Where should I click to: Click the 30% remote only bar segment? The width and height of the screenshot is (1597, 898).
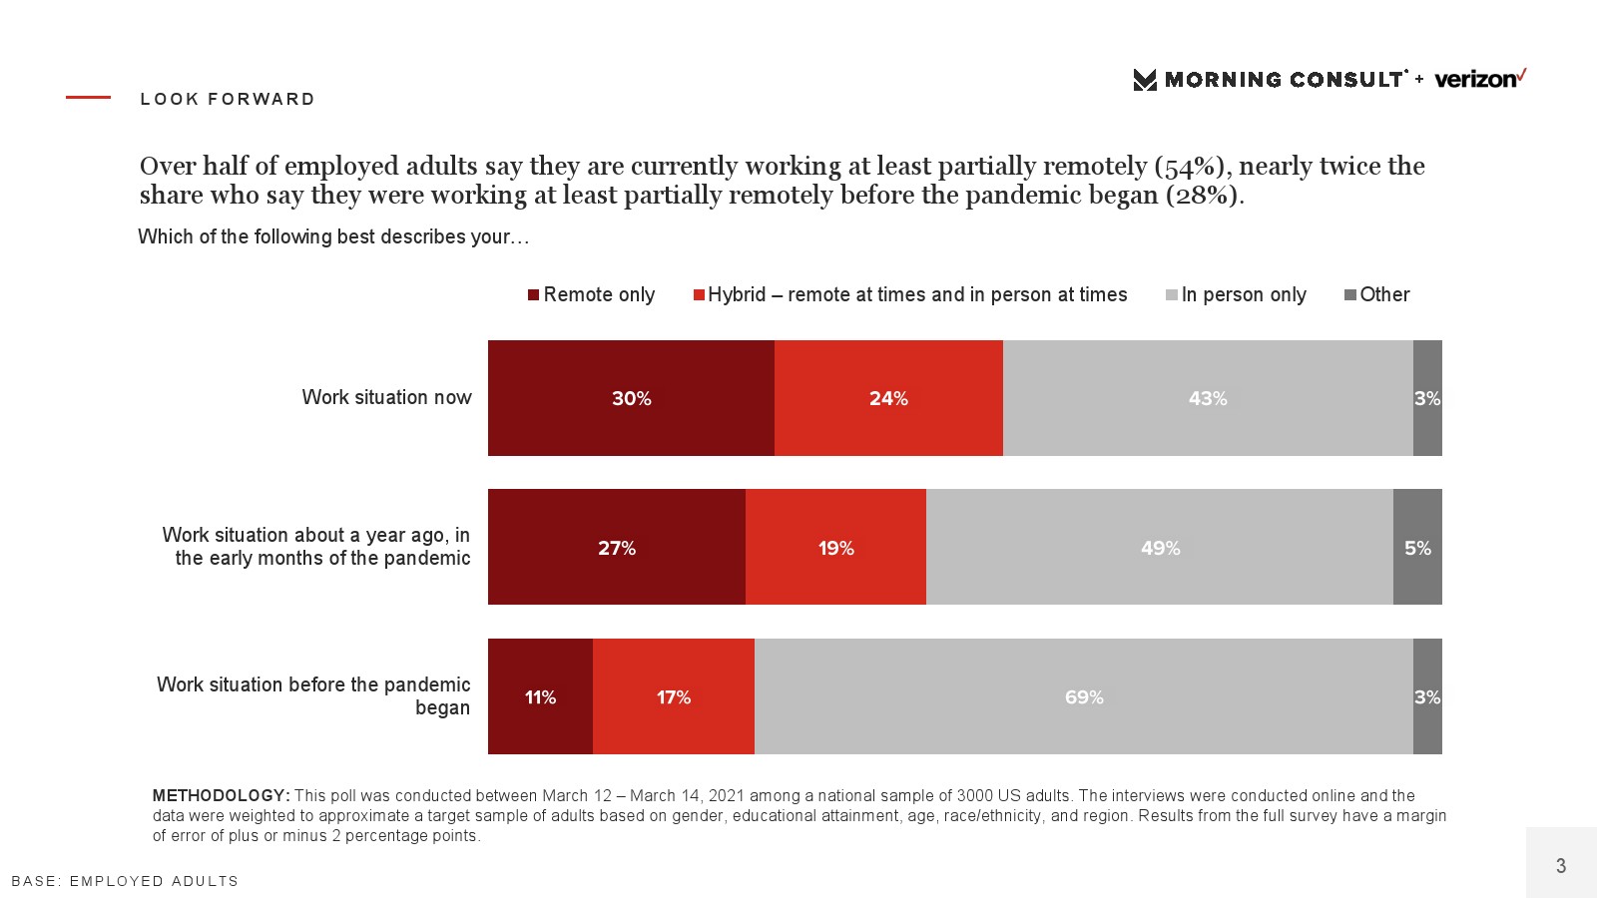[x=631, y=398]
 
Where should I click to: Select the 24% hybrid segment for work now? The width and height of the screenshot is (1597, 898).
[x=888, y=398]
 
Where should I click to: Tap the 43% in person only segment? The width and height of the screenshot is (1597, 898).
[x=1208, y=398]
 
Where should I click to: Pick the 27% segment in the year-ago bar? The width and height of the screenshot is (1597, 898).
[x=616, y=547]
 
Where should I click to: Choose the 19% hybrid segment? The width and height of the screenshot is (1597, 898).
[x=835, y=547]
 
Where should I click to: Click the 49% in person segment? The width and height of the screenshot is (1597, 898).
[x=1160, y=547]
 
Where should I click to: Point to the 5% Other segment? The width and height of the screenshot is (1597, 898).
[x=1417, y=547]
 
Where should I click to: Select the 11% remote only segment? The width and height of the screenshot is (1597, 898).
[x=540, y=696]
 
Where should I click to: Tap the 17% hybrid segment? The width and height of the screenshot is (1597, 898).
[x=674, y=696]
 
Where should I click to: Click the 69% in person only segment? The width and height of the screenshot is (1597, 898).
[x=1084, y=696]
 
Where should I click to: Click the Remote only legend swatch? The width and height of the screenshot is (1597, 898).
[x=534, y=294]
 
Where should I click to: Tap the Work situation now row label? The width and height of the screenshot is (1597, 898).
[x=386, y=397]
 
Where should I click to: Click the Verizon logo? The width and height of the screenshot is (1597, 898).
[x=1479, y=79]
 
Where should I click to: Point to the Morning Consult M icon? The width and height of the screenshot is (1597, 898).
[x=1145, y=80]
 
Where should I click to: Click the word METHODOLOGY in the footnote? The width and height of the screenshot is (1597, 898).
[x=221, y=795]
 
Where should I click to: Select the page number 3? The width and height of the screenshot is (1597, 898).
[x=1561, y=865]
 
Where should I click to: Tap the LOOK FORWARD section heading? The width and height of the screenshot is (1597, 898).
[x=228, y=99]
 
